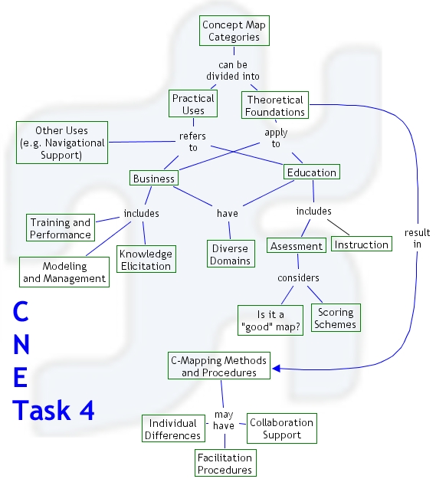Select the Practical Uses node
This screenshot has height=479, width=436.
point(193,104)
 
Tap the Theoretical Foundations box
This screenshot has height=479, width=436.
point(275,106)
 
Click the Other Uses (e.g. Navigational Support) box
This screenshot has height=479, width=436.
point(61,143)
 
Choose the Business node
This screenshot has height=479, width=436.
point(154,179)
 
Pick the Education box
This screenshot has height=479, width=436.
point(311,172)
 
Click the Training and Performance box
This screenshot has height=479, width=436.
point(61,228)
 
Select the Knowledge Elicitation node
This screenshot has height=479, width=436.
point(146,259)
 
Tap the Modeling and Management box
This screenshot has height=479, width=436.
point(64,272)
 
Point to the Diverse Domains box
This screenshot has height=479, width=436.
point(230,254)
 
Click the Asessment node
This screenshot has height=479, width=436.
point(296,245)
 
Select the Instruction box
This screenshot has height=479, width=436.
point(361,244)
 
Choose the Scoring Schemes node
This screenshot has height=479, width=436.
point(336,318)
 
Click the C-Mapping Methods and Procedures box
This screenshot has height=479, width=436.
point(220,366)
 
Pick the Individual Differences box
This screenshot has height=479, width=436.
point(173,429)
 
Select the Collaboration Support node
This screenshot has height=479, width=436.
point(281,428)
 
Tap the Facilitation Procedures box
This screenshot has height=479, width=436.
point(224,464)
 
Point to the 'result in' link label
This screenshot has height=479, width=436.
point(417,238)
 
